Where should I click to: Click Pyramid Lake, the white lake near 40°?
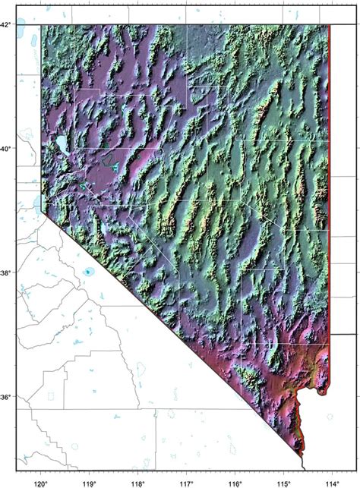[x=56, y=143]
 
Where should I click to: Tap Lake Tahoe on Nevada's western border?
[x=39, y=203]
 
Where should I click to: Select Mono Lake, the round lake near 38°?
[x=90, y=271]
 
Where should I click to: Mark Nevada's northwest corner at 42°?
[x=41, y=25]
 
